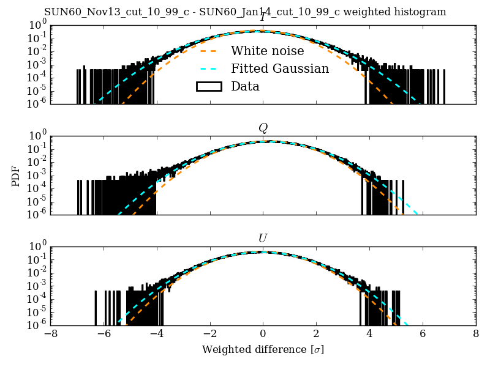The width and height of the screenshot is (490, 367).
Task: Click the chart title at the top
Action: pos(245,12)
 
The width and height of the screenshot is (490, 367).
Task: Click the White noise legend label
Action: pos(267,51)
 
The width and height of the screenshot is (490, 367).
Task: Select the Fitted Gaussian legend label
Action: pos(279,69)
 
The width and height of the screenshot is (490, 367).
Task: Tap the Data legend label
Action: pos(245,86)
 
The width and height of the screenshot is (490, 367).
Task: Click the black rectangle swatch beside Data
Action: pos(209,86)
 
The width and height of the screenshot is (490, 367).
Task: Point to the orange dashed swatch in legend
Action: pos(209,51)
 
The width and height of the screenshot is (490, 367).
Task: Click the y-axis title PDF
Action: pos(17,176)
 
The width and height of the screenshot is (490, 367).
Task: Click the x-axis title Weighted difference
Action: pos(263,349)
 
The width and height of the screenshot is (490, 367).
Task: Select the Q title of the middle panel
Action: pos(263,128)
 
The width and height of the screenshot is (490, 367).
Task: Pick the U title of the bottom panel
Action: pos(263,238)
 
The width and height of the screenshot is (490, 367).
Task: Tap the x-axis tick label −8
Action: pos(51,335)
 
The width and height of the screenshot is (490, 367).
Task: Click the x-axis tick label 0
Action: pos(263,335)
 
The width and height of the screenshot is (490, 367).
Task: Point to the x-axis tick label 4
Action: pos(369,335)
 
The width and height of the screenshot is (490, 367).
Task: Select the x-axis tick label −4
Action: pos(156,335)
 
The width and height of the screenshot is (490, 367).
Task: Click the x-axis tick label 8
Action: pos(476,335)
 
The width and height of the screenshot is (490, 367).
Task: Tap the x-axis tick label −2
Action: pos(209,335)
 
